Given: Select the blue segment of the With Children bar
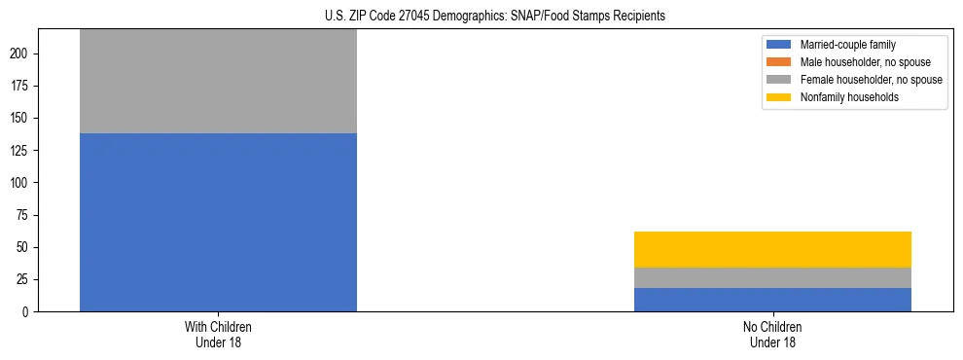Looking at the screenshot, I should [218, 222].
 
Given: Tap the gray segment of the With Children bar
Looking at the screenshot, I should [218, 82].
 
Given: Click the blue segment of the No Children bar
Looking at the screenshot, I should [772, 300].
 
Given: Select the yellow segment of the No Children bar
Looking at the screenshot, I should [772, 249].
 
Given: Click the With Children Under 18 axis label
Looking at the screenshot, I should [218, 335].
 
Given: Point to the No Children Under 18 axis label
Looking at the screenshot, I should [772, 335].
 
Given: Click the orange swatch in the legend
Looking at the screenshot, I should [779, 62].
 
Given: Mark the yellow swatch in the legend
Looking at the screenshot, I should [779, 97].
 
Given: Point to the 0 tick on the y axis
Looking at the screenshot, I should [30, 311].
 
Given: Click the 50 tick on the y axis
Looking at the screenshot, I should [27, 247].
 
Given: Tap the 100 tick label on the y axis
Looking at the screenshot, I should [24, 183].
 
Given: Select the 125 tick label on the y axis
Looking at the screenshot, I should [24, 150].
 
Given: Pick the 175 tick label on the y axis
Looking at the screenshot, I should [24, 86].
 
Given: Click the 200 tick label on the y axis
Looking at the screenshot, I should [24, 54].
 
